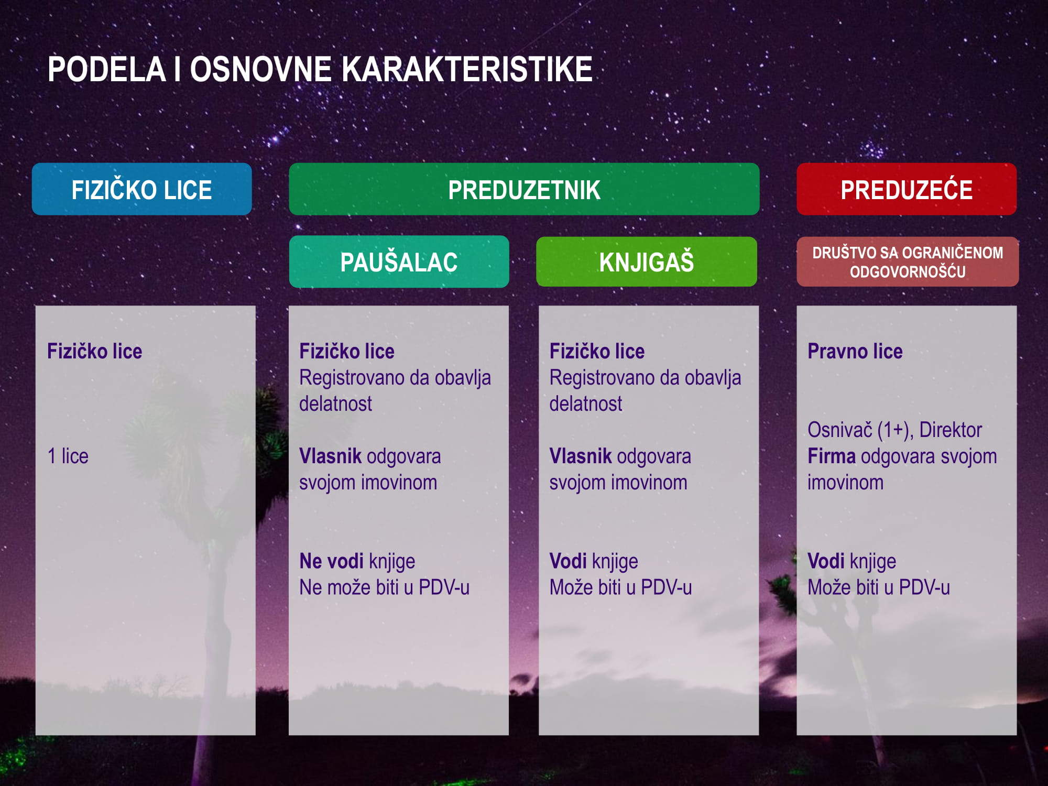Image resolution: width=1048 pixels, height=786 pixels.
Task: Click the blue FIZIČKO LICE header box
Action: click(141, 189)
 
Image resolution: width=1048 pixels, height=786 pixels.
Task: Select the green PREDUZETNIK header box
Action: click(524, 189)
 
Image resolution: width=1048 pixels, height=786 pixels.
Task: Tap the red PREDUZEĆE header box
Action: click(907, 189)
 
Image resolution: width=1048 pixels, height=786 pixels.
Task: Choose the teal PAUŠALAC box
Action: click(399, 261)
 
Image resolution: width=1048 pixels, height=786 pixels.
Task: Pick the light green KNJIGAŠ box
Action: click(647, 261)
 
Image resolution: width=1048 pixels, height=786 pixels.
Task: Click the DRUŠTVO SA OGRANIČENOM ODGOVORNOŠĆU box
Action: click(908, 261)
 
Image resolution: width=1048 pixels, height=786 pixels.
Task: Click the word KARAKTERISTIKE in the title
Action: click(470, 69)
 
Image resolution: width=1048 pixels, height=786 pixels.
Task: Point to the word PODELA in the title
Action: click(106, 69)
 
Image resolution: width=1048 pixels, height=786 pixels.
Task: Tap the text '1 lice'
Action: click(68, 456)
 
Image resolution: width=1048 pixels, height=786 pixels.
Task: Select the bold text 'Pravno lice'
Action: click(855, 351)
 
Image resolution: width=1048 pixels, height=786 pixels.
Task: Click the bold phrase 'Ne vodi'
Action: click(331, 561)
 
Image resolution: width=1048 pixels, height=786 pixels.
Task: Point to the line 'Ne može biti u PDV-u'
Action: click(384, 587)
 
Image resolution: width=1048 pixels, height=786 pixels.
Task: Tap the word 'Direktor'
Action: click(951, 430)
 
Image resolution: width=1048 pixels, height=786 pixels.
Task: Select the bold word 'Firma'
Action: click(832, 456)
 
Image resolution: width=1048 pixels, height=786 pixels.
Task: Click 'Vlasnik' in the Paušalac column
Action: click(330, 456)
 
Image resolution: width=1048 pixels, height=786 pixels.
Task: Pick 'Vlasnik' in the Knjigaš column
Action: click(581, 456)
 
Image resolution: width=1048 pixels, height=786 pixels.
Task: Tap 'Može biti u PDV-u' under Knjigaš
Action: click(620, 587)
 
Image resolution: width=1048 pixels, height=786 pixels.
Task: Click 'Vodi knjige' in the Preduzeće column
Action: click(852, 561)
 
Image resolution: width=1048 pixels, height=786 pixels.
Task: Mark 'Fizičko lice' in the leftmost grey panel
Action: click(95, 351)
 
